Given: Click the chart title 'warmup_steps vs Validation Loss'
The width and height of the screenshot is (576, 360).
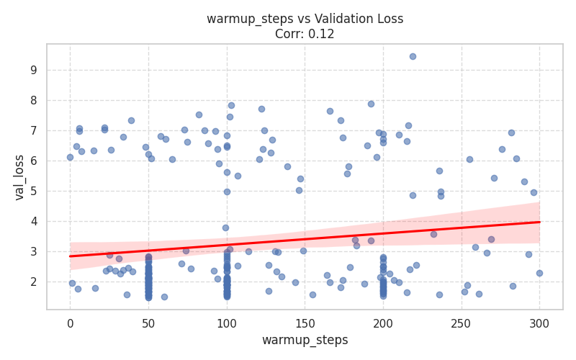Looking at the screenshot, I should (305, 19).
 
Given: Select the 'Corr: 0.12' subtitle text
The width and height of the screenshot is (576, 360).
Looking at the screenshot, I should (305, 34).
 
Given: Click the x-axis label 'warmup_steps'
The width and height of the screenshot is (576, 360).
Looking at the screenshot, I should (305, 340).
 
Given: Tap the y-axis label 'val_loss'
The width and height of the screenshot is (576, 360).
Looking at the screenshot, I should (19, 177).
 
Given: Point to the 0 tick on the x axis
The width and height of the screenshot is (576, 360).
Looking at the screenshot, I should (70, 323).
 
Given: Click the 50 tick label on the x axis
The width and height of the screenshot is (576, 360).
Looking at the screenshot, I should (148, 323).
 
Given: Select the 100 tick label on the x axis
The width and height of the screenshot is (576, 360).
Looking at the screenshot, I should (227, 323).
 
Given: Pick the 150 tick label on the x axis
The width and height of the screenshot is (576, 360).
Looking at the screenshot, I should (305, 323).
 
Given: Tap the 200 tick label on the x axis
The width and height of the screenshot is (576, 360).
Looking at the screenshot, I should (383, 323).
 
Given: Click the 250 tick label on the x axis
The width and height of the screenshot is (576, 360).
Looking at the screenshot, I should (462, 323).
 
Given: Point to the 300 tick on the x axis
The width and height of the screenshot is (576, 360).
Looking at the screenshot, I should (540, 323).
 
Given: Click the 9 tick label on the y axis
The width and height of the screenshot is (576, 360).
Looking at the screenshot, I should (33, 71).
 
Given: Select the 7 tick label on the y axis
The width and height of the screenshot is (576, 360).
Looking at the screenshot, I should (33, 131).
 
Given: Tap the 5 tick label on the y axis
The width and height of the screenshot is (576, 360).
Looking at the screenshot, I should (33, 192).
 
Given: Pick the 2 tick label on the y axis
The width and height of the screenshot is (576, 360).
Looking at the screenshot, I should (33, 282).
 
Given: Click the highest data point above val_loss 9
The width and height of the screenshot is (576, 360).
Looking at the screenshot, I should (413, 56).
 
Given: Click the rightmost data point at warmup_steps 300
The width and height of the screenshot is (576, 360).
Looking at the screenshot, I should (539, 273).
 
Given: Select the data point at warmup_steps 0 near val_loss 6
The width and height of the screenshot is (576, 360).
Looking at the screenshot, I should (70, 157).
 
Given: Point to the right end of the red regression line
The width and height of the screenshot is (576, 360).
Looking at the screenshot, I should (540, 222).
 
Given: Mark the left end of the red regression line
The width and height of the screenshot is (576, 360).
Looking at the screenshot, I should (70, 256).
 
